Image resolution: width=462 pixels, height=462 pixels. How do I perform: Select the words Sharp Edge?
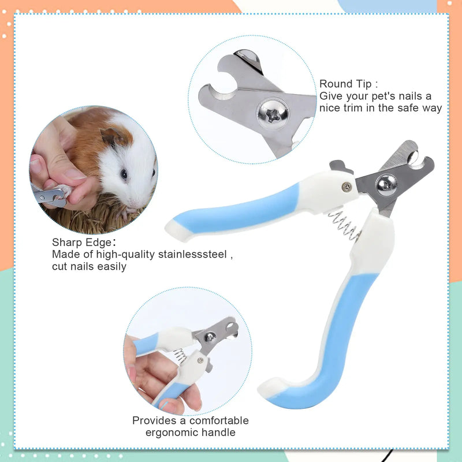[x=76, y=243]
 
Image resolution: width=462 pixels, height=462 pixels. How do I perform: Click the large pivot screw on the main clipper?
[x=386, y=185]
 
